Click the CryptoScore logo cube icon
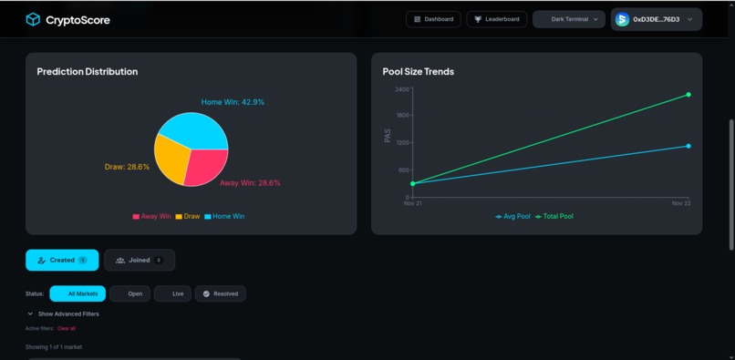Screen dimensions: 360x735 (x=33, y=19)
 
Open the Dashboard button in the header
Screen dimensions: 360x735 (x=433, y=19)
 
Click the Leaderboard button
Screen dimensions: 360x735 (x=496, y=19)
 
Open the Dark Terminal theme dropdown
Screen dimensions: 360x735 (x=569, y=19)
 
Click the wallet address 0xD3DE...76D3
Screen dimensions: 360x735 (x=656, y=19)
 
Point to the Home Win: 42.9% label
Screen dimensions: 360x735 (x=233, y=102)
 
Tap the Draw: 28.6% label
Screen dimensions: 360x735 (x=127, y=167)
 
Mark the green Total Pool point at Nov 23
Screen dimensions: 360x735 (x=688, y=95)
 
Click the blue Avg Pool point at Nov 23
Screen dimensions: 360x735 (x=688, y=146)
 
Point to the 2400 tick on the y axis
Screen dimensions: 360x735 (x=402, y=89)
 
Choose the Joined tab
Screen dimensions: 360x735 (x=140, y=260)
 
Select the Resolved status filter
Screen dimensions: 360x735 (x=220, y=293)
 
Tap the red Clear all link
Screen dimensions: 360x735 (x=67, y=328)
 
